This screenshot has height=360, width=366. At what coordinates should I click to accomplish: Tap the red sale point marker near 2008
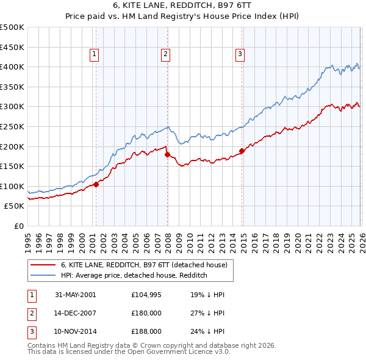click(x=167, y=154)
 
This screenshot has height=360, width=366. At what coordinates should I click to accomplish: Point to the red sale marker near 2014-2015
click(x=242, y=150)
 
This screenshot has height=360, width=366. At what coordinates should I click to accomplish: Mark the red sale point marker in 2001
click(x=96, y=184)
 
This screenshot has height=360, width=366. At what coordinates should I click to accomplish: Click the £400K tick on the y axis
click(x=12, y=67)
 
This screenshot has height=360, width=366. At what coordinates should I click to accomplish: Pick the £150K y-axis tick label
click(x=12, y=166)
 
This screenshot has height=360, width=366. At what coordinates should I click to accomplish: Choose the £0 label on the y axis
click(x=18, y=226)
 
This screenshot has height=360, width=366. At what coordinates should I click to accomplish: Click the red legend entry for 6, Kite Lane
click(x=144, y=265)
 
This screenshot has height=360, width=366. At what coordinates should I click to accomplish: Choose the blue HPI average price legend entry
click(x=134, y=276)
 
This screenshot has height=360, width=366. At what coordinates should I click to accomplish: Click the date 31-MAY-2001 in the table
click(x=76, y=295)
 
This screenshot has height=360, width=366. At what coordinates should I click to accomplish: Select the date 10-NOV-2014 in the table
click(x=76, y=331)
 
